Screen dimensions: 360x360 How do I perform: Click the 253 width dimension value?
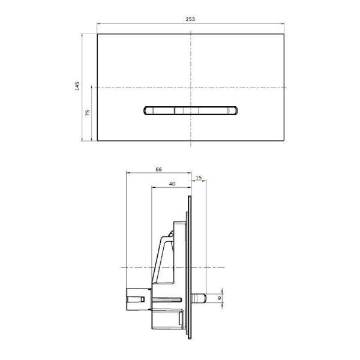pos(190,19)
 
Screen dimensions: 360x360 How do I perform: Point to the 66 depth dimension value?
pos(158,170)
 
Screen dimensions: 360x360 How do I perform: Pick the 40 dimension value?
pos(172,184)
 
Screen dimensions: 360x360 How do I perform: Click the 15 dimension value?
pos(199,178)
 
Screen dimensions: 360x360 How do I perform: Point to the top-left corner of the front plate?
pos(97,34)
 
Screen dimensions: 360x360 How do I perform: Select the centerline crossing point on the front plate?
pos(191,88)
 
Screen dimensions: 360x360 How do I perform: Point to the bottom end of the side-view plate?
pos(191,335)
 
